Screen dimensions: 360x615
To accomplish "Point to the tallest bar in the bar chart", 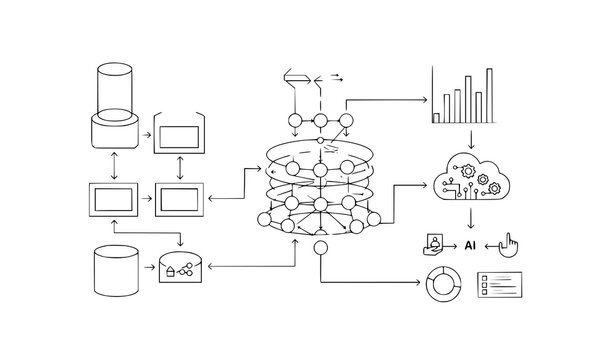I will pos(489,95).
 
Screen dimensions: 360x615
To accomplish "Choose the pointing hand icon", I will pos(508,245).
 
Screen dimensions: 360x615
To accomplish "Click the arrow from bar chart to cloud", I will pos(470,138).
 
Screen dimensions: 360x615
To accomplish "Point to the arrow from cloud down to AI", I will pos(470,216).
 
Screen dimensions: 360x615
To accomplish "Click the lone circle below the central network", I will pos(321,247).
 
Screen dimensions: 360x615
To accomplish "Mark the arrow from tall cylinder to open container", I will pos(145,133).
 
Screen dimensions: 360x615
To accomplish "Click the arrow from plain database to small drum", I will pos(145,269).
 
